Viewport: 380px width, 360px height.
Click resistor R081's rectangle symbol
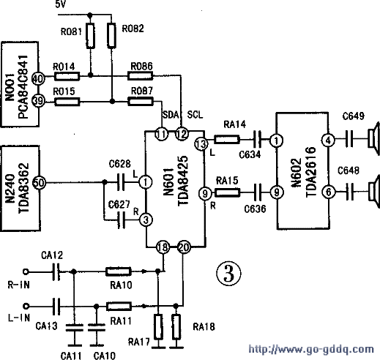[90, 36]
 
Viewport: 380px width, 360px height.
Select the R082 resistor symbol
[111, 35]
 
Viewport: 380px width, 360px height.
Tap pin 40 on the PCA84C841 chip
[38, 78]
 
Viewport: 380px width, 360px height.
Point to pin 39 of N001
[38, 100]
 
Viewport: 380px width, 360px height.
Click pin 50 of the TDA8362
[39, 182]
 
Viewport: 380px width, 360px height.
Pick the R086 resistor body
[140, 76]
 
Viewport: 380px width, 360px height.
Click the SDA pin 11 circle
[162, 134]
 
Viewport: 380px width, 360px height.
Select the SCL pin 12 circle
[182, 133]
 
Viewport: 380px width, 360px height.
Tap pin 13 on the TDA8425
[201, 144]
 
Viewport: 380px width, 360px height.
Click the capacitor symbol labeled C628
[121, 182]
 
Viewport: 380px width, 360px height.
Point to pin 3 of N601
[146, 220]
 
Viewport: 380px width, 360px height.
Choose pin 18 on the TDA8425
[163, 247]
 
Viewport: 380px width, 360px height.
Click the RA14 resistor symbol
[227, 140]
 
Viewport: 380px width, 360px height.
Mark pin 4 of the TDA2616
[329, 140]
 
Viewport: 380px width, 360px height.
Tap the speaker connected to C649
[374, 138]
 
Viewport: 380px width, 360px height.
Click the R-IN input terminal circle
[26, 271]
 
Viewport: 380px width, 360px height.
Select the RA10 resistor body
[119, 271]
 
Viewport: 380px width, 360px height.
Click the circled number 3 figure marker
[228, 273]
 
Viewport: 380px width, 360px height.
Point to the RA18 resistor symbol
[176, 327]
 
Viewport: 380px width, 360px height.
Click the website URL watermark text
[311, 349]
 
